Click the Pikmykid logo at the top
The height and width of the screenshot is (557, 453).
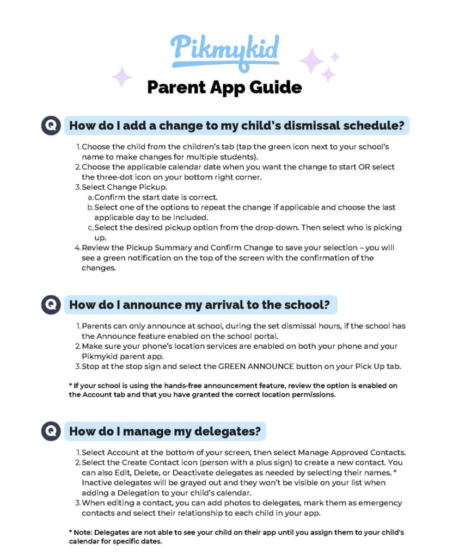click(x=224, y=50)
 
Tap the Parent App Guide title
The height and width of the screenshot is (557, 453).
click(x=224, y=87)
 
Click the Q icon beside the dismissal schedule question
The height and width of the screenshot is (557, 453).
click(x=50, y=126)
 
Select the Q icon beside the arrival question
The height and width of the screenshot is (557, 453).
click(x=50, y=305)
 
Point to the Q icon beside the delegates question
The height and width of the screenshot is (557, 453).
click(x=50, y=431)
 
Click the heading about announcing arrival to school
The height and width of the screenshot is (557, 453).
click(x=200, y=305)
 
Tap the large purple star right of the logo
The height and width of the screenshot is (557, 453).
click(x=311, y=60)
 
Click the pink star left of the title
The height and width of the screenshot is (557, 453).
click(x=122, y=77)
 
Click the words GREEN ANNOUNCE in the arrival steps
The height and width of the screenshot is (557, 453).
click(x=253, y=366)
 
